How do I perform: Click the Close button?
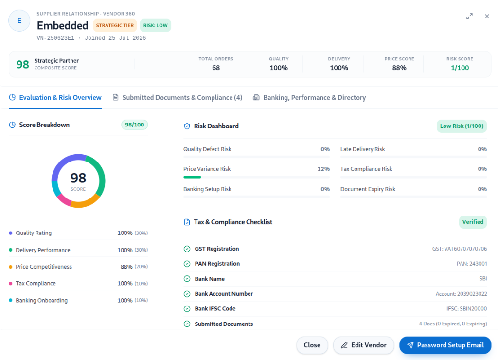click(312, 345)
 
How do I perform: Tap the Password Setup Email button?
click(445, 345)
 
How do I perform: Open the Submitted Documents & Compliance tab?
click(178, 98)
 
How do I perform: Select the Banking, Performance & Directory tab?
click(309, 98)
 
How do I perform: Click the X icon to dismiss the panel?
click(487, 16)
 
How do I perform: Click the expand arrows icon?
click(469, 16)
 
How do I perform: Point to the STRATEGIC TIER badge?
click(115, 25)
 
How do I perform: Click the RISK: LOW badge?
click(155, 25)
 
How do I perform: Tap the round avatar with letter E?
click(19, 21)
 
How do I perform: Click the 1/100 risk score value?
click(460, 68)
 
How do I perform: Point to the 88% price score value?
click(399, 68)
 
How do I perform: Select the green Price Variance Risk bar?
click(192, 177)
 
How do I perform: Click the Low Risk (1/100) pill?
click(462, 126)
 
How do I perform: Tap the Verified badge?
click(473, 222)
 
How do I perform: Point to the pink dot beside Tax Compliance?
click(11, 283)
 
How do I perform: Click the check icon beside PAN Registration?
click(187, 264)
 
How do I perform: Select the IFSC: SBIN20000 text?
click(466, 308)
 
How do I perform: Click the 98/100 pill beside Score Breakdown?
click(135, 125)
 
